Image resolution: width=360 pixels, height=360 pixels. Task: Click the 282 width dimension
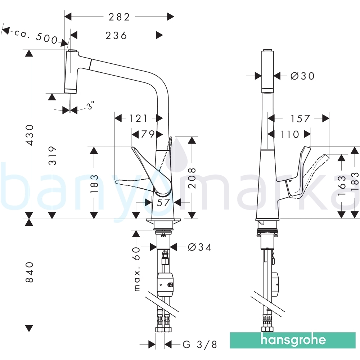[x=119, y=17]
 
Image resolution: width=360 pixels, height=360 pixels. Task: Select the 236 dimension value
[x=116, y=36]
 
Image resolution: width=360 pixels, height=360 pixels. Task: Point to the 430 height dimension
[x=30, y=135]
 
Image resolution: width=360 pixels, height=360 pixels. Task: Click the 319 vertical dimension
[x=53, y=156]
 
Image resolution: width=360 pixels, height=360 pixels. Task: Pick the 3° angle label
[x=91, y=105]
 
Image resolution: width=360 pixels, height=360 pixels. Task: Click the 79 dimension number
[x=147, y=134]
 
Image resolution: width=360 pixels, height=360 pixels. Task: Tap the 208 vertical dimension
[x=192, y=178]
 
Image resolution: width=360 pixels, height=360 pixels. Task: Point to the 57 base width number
[x=163, y=202]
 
